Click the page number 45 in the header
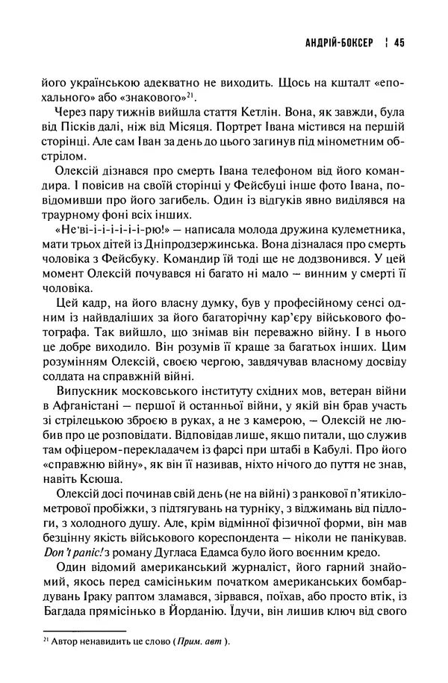point(397,43)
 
